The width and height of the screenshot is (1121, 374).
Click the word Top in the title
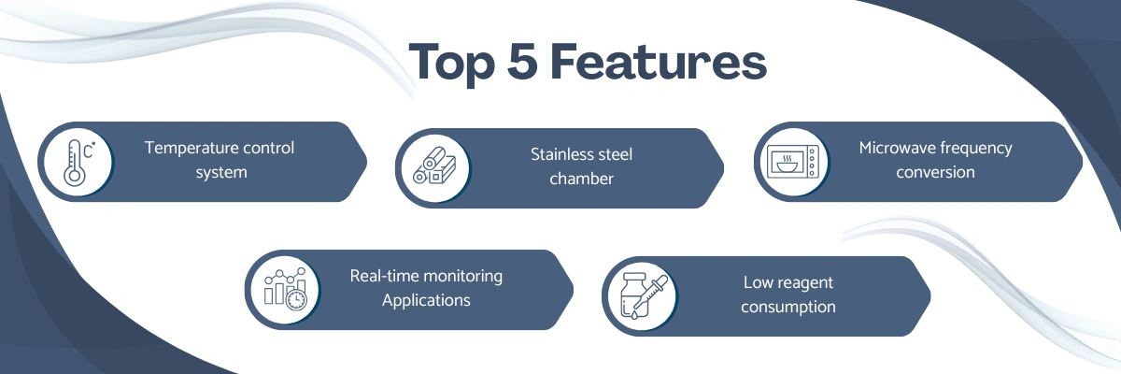coord(452,63)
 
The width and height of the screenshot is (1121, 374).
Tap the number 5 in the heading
coord(522,61)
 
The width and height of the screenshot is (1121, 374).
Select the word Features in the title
coord(659,61)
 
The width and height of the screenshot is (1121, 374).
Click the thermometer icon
coord(79,162)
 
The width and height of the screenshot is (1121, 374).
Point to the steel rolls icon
coord(434,166)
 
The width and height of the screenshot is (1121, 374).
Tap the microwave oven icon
coord(793,162)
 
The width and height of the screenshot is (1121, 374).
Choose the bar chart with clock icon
coord(285,289)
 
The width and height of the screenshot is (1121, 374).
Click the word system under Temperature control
coord(221,172)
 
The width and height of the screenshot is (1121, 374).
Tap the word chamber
coord(581,179)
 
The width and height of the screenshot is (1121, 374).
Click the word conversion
coord(935,172)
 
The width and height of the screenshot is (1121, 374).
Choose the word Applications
coord(426,300)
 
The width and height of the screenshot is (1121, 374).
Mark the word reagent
coord(807,283)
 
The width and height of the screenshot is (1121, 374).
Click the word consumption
coord(788,307)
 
